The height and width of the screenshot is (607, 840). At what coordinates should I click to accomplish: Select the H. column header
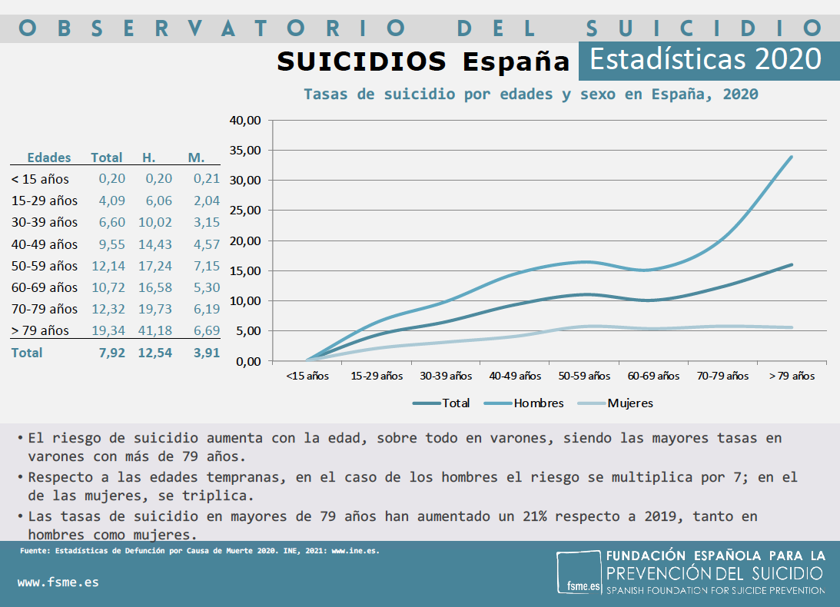click(x=149, y=158)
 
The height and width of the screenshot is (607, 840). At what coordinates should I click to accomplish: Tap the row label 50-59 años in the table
click(x=45, y=266)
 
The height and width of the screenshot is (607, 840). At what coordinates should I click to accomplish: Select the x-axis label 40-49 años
click(x=515, y=376)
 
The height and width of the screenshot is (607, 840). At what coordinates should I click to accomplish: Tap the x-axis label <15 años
click(x=307, y=376)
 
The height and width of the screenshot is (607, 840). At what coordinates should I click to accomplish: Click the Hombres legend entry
click(x=538, y=403)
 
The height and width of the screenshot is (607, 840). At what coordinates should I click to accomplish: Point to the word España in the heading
click(x=516, y=61)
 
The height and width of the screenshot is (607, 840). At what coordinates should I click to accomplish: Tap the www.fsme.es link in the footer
click(x=58, y=582)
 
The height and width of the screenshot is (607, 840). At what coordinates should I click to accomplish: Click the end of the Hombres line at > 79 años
click(x=791, y=157)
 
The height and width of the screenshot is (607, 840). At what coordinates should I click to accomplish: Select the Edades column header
click(x=49, y=158)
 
